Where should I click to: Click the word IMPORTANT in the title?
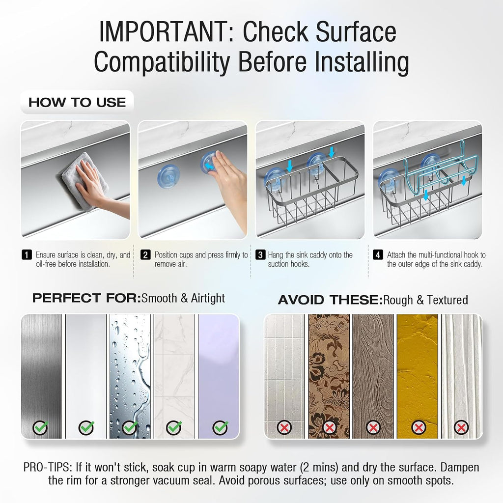163,31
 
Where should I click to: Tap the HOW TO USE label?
77,103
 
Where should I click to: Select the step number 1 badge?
27,255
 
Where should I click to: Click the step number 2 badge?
145,255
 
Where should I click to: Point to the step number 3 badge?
260,255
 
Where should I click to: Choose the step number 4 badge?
378,255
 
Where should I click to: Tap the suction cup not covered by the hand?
168,176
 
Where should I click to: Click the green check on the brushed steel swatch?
40,428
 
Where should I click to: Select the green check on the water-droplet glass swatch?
130,428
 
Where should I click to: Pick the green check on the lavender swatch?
221,428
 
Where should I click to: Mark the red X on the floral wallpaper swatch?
329,427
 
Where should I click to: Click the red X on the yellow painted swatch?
419,427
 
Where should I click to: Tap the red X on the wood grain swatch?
373,427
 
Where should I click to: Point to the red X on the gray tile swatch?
284,427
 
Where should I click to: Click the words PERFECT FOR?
86,298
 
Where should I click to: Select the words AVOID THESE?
331,300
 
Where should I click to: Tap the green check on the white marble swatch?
174,428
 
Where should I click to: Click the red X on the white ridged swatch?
462,427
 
